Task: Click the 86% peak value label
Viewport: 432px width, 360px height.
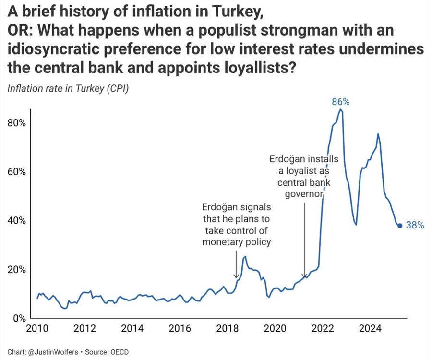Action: coord(340,102)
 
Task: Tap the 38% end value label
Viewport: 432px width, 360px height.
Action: coord(415,225)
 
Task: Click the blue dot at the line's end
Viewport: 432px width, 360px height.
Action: coord(400,226)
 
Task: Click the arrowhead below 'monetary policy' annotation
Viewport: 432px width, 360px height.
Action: coord(236,276)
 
